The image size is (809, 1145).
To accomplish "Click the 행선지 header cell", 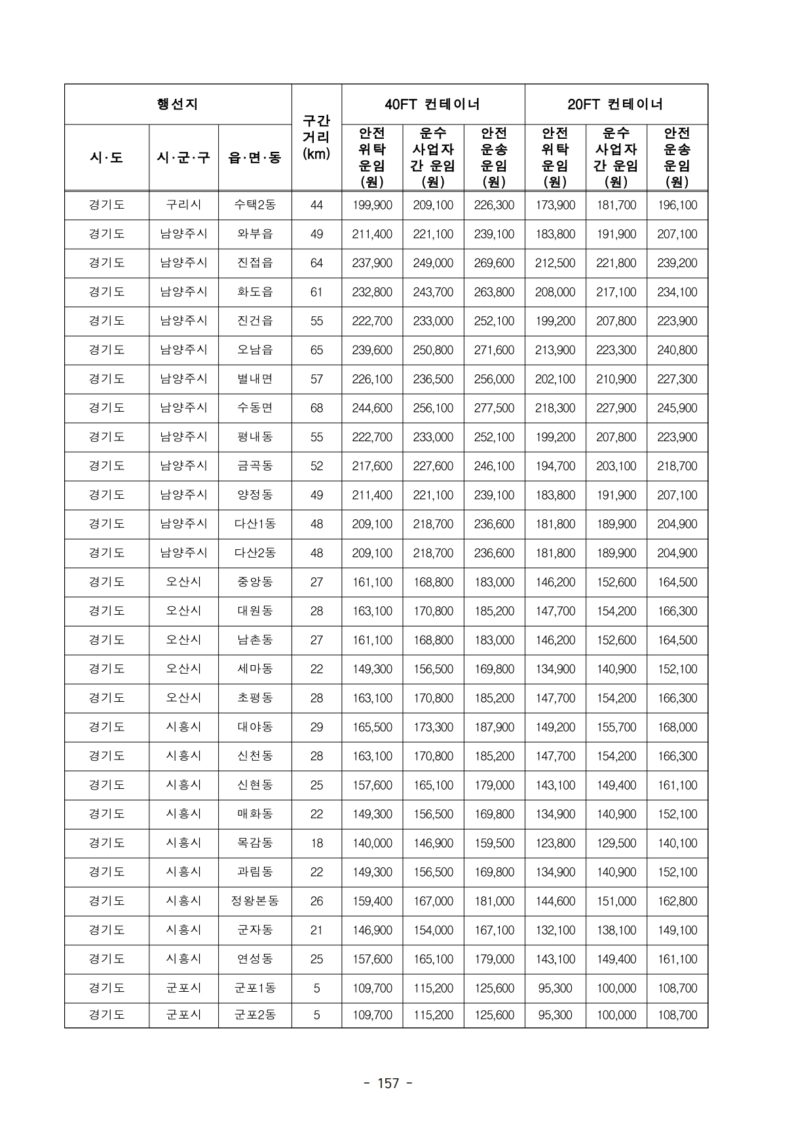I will pos(178,104).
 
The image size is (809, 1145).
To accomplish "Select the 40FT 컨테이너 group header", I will pos(432,104).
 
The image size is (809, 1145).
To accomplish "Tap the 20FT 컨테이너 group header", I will pos(616,104).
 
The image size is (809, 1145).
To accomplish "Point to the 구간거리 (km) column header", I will pos(316,137).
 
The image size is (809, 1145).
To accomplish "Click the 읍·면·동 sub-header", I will pos(255,158).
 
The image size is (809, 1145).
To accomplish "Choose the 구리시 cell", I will pos(183,205).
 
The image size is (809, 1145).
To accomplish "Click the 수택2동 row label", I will pos(255,205).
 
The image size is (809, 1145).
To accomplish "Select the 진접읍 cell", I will pos(255,263).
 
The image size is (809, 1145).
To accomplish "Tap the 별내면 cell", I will pos(255,379).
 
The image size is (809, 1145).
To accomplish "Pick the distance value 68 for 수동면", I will pos(316,408).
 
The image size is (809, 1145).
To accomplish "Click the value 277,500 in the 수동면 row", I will pos(494,408).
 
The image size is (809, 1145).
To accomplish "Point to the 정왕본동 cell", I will pos(255,901).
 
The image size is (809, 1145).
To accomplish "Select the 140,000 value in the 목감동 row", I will pos(372,843).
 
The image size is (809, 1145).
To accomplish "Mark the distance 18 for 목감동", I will pos(316,843).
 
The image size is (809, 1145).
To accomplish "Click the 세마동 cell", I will pos(255,669).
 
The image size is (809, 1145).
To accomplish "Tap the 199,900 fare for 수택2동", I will pos(372,205).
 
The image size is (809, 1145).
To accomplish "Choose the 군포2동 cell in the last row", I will pos(255,1015).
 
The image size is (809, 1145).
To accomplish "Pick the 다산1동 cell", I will pos(255,524).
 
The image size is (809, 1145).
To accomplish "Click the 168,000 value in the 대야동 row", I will pos(677,727).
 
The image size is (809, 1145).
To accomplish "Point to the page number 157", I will pos(388,1083).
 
